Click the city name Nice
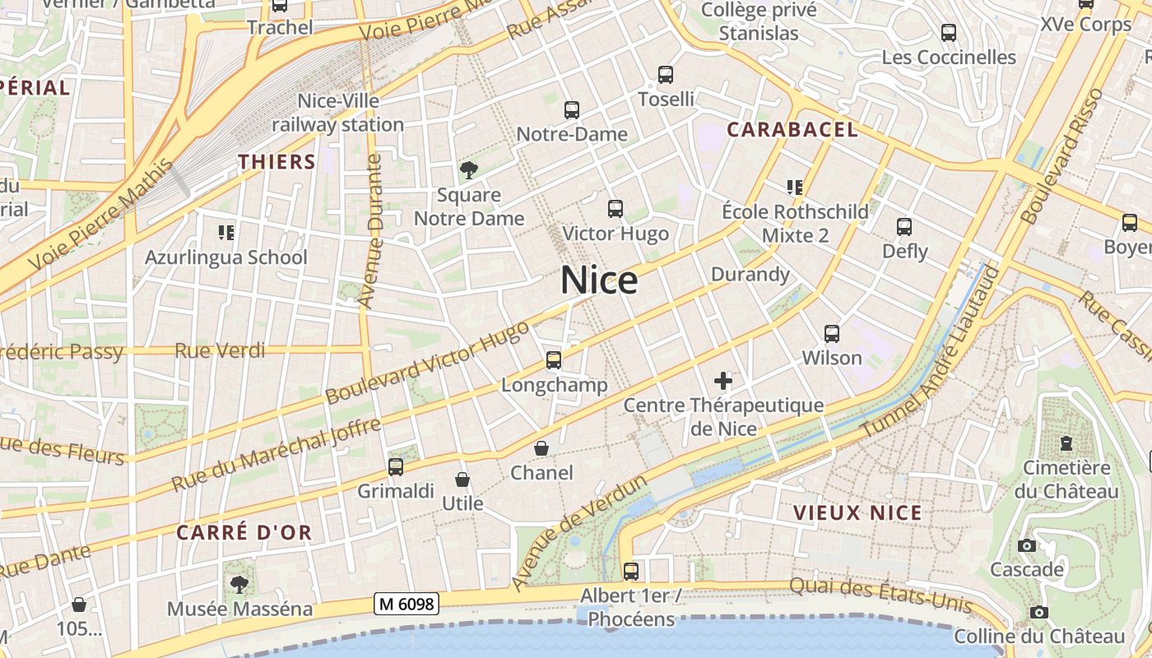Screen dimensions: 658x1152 click(x=599, y=281)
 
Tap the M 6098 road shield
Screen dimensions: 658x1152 click(x=406, y=604)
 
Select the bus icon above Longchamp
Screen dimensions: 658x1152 click(x=554, y=360)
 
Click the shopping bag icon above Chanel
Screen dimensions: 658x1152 click(x=541, y=448)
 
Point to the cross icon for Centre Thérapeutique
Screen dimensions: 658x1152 click(x=723, y=381)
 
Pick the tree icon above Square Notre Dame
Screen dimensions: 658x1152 click(x=469, y=170)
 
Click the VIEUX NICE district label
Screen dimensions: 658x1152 click(x=857, y=513)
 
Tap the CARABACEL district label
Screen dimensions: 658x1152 click(x=792, y=129)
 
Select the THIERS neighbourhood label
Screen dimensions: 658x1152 click(x=277, y=161)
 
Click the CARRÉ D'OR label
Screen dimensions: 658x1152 click(x=244, y=532)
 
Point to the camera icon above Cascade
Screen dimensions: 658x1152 click(x=1026, y=545)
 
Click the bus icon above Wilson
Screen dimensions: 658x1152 click(x=832, y=334)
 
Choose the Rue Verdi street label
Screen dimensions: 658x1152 click(x=220, y=351)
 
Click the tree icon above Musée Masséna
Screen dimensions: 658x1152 click(x=239, y=585)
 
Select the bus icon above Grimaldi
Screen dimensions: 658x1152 click(x=396, y=467)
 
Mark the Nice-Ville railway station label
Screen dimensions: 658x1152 click(x=338, y=113)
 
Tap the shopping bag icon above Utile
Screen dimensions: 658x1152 click(x=462, y=480)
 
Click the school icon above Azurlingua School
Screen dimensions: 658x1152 click(x=226, y=233)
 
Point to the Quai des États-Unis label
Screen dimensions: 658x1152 click(x=880, y=596)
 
